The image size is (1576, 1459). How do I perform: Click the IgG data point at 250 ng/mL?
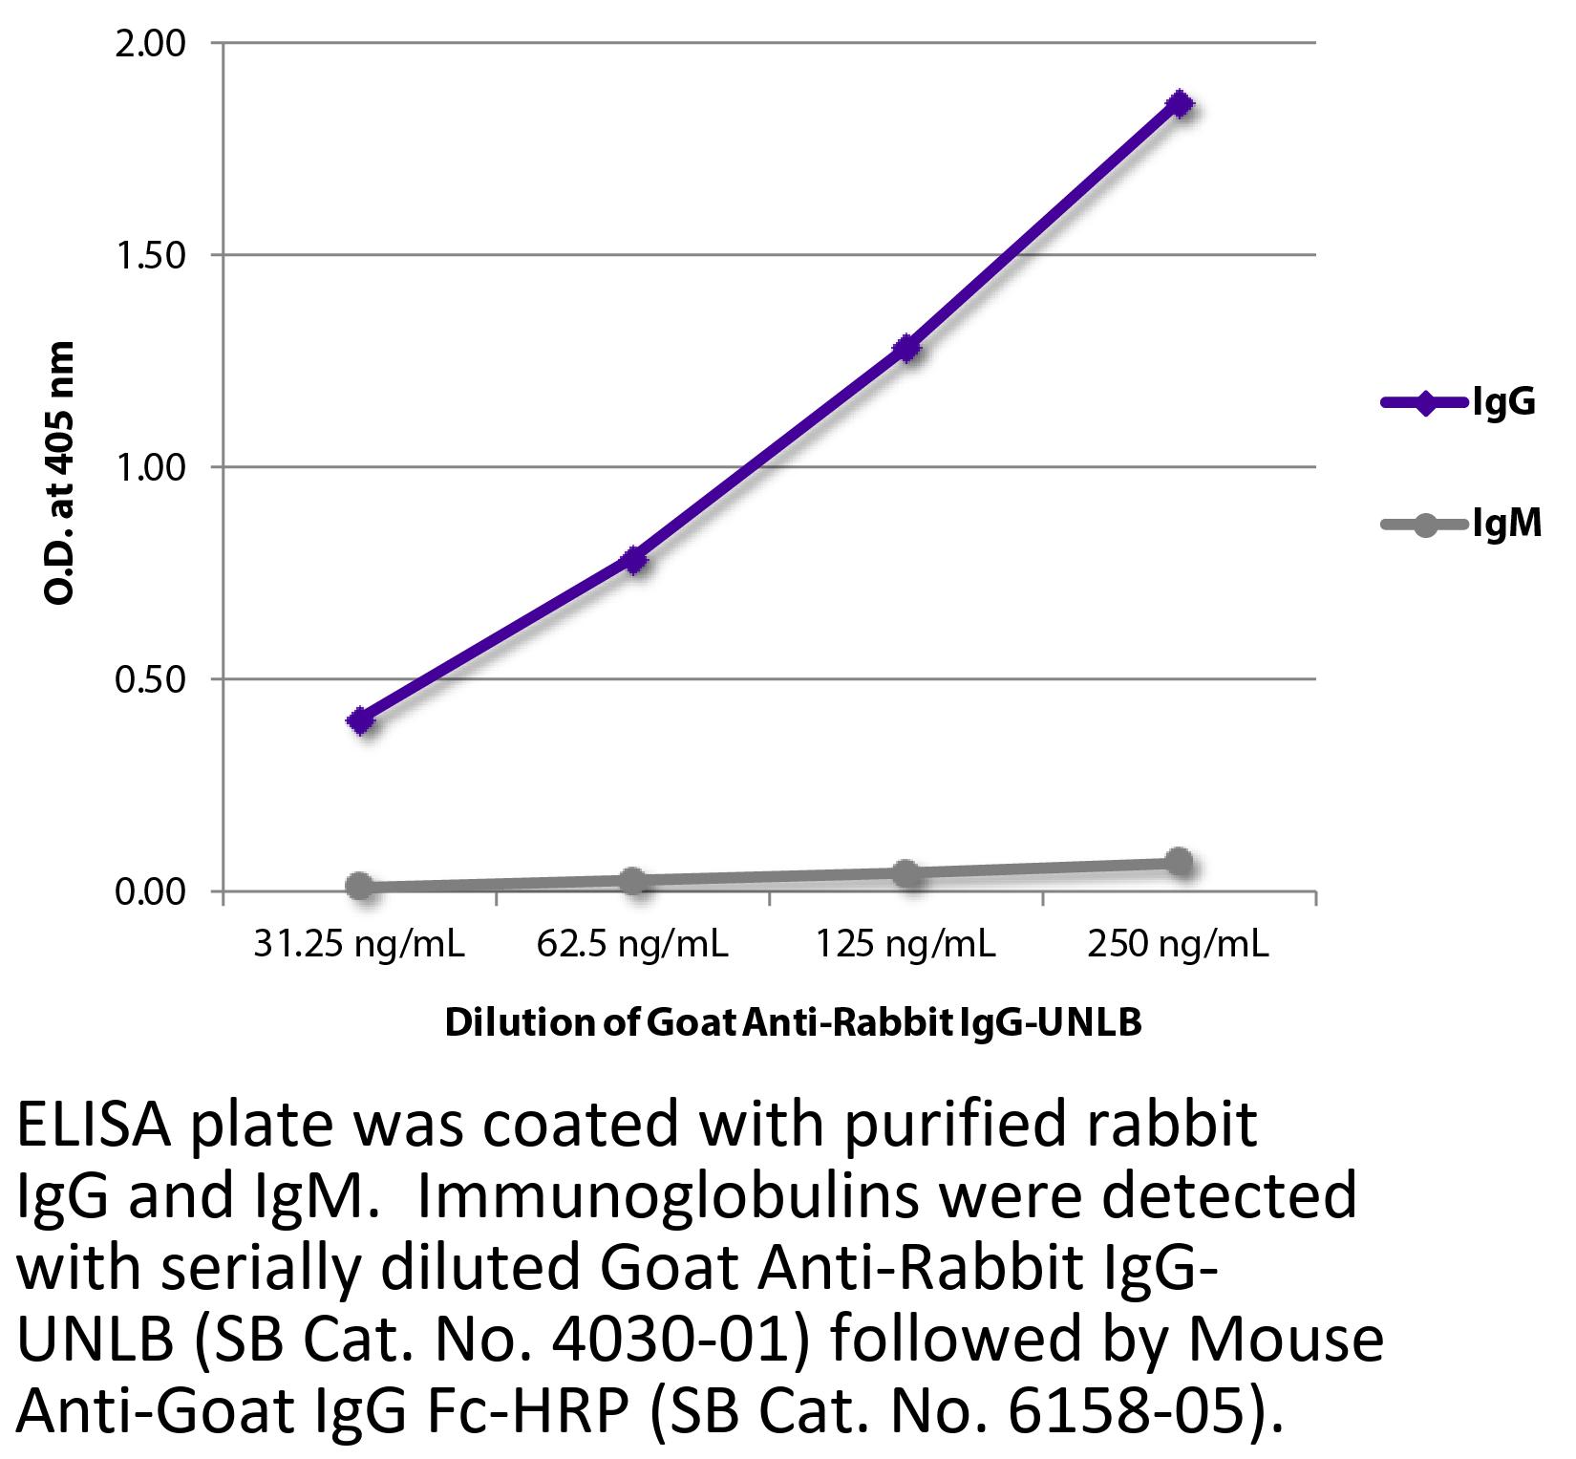pyautogui.click(x=1181, y=104)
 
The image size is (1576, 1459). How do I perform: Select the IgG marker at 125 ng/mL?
pyautogui.click(x=906, y=348)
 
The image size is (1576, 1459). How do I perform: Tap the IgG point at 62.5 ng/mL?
pyautogui.click(x=634, y=560)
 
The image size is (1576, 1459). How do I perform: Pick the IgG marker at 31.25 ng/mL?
pyautogui.click(x=361, y=720)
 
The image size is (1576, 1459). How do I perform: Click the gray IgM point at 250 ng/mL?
pyautogui.click(x=1181, y=862)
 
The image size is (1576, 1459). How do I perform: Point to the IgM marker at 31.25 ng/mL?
pyautogui.click(x=360, y=886)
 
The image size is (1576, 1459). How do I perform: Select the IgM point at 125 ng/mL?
pyautogui.click(x=906, y=872)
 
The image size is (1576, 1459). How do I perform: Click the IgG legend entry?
pyautogui.click(x=1459, y=403)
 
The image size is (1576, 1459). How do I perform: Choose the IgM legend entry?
pyautogui.click(x=1460, y=525)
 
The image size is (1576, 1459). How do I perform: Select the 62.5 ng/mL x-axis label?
pyautogui.click(x=632, y=945)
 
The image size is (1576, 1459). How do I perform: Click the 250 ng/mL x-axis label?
pyautogui.click(x=1179, y=945)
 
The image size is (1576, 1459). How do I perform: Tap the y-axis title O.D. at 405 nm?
pyautogui.click(x=59, y=472)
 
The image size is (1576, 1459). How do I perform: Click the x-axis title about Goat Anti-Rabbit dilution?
pyautogui.click(x=793, y=1023)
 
